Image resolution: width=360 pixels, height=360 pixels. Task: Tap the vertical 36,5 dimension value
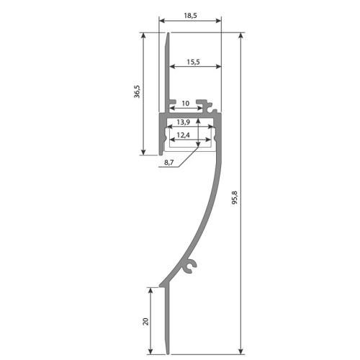click(x=137, y=94)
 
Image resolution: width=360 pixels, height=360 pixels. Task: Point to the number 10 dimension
click(x=186, y=104)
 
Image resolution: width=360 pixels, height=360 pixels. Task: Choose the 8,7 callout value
click(x=168, y=163)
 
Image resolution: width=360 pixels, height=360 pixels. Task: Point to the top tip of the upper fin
click(x=168, y=34)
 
